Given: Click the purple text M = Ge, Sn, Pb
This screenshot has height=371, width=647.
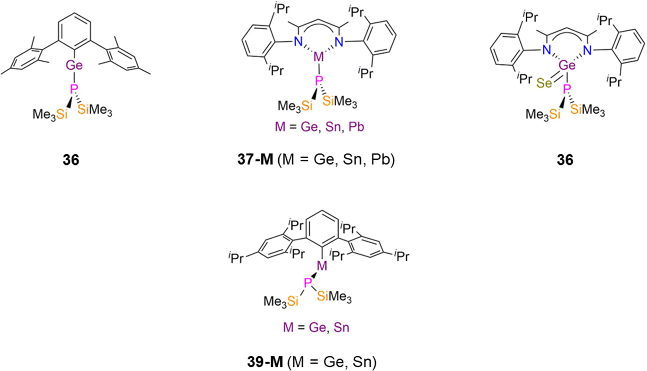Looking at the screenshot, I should (x=316, y=127).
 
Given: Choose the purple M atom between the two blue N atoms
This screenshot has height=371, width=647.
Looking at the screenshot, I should (x=319, y=57).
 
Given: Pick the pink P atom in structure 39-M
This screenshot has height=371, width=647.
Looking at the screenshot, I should (x=307, y=282).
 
